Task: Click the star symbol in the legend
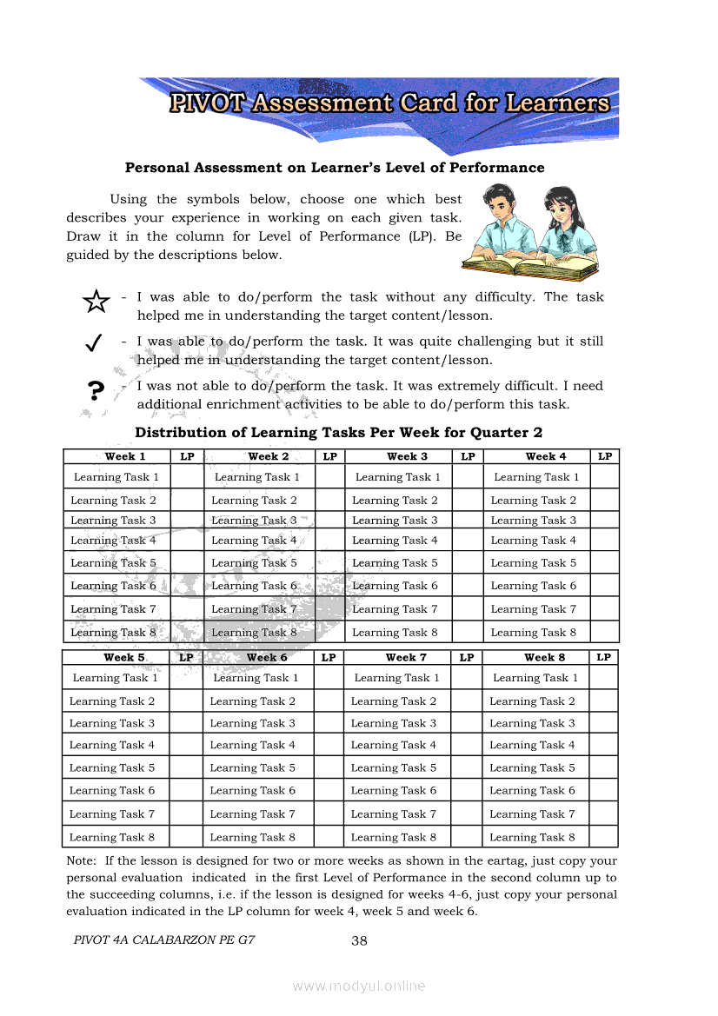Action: [96, 302]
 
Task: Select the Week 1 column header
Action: [124, 456]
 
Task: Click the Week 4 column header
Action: [545, 456]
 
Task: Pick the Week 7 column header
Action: [406, 658]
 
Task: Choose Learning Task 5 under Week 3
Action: [395, 563]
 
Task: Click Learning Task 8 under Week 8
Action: [532, 838]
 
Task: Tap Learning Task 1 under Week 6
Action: [256, 678]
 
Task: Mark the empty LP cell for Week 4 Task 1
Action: [605, 476]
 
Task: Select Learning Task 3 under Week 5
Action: [112, 723]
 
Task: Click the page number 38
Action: [359, 940]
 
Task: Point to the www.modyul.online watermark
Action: [359, 986]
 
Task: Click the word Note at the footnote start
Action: [82, 860]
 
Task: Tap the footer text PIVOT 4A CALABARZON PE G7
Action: [164, 940]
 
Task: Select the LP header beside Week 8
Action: [603, 658]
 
